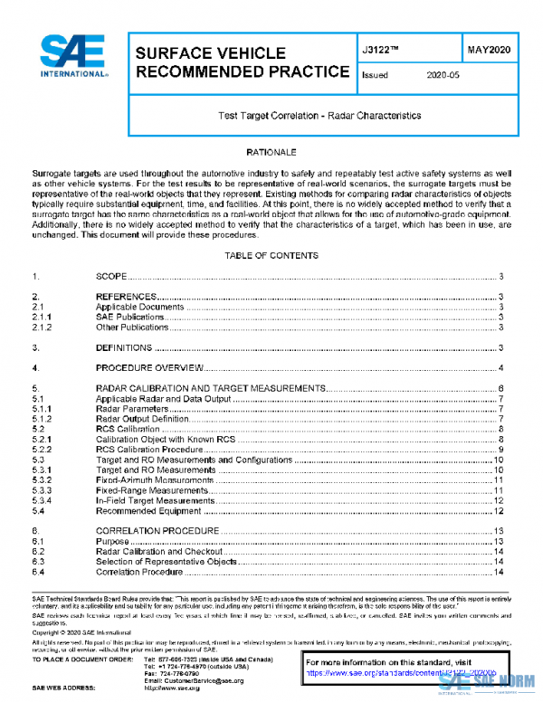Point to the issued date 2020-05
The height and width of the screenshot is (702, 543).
443,76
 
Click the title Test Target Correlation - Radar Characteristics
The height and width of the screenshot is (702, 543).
319,116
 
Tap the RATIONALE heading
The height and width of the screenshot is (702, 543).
271,153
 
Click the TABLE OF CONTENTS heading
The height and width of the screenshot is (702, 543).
271,256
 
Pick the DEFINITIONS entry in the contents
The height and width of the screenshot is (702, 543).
124,347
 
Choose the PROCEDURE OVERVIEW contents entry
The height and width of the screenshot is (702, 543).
148,368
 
